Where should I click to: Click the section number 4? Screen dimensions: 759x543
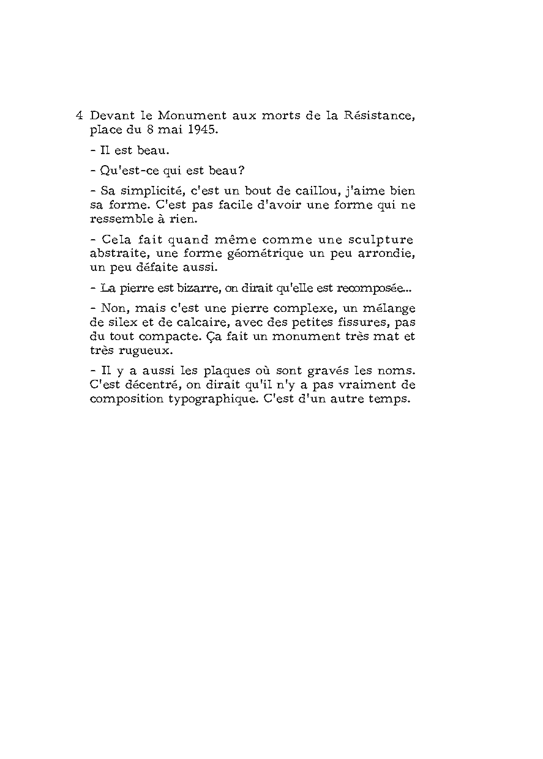point(79,115)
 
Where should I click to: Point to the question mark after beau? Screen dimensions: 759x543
point(242,171)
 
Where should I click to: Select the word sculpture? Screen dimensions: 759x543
point(384,239)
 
